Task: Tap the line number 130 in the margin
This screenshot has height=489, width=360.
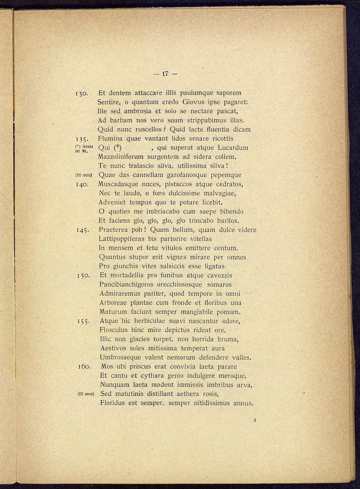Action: (x=82, y=93)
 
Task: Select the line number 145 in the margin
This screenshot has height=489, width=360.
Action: (x=82, y=230)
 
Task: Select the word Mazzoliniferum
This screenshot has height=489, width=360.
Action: (x=121, y=156)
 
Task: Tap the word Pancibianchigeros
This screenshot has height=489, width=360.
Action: (x=126, y=285)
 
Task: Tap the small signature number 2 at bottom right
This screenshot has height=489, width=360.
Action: (x=254, y=420)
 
